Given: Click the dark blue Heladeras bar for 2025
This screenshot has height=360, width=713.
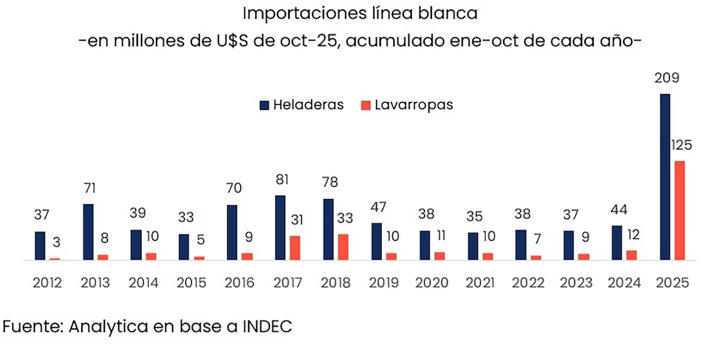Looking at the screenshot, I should tap(665, 177).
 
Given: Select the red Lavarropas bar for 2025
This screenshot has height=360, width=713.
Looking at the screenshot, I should tap(679, 210).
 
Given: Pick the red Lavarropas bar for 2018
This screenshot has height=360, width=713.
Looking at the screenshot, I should tap(343, 246).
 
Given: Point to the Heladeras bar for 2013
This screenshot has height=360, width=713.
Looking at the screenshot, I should tap(88, 231).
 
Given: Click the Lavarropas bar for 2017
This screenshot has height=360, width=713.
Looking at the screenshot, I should tap(295, 248).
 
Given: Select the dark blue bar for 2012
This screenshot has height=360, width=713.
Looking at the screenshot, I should tap(40, 246).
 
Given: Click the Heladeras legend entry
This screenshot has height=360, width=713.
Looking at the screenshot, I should tap(301, 105).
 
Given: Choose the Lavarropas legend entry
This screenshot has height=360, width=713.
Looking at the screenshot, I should tap(406, 105).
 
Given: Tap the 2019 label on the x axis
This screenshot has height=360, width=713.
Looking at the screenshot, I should tap(383, 282).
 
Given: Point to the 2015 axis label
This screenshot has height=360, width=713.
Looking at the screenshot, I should tap(191, 282).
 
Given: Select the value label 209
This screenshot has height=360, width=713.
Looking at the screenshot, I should tap(664, 79).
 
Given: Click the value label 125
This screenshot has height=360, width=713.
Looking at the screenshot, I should tap(681, 146).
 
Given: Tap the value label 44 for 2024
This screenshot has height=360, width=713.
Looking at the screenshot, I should tap(617, 211).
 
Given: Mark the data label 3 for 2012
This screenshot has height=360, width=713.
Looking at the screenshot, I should tap(55, 244).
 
